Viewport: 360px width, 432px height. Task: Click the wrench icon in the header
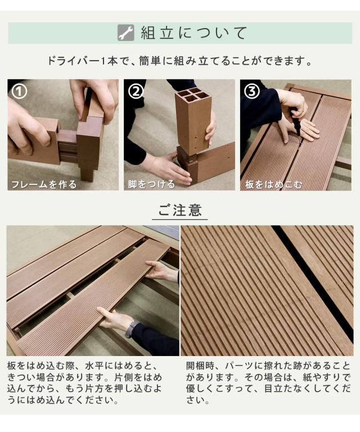click(125, 33)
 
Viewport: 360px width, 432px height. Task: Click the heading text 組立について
click(193, 33)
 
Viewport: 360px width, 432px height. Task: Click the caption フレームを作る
click(44, 184)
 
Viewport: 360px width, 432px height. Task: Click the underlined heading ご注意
click(180, 211)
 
